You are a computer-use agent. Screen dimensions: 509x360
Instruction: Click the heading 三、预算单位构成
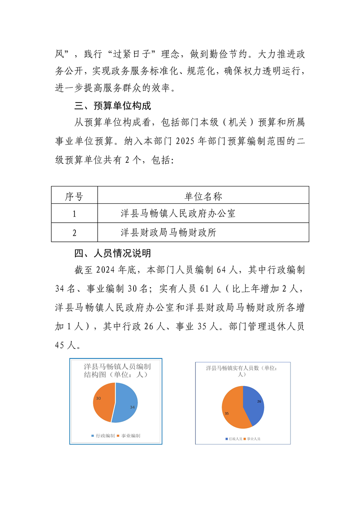point(113,107)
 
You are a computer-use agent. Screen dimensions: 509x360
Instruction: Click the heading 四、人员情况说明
point(113,253)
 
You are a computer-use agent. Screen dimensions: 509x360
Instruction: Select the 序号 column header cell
point(74,196)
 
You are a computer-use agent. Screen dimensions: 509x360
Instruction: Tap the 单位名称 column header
point(203,196)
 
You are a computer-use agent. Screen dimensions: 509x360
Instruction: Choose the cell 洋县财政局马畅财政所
point(168,233)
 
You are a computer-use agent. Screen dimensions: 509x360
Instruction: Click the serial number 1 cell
point(74,214)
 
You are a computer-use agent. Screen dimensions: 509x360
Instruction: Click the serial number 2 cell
point(74,233)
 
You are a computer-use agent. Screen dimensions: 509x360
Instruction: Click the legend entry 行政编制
point(103,436)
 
